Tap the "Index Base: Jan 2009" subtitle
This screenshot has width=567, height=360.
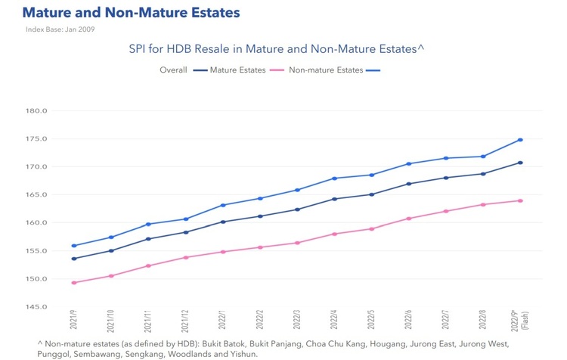pyautogui.click(x=60, y=29)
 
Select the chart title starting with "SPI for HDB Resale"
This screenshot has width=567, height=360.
pyautogui.click(x=277, y=48)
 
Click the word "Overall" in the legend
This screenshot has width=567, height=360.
pyautogui.click(x=174, y=70)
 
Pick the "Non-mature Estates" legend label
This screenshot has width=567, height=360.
pyautogui.click(x=325, y=70)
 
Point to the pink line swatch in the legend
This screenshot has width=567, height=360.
pyautogui.click(x=276, y=70)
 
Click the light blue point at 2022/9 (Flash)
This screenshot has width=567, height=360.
pyautogui.click(x=520, y=140)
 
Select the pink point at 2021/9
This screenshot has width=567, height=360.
pyautogui.click(x=73, y=283)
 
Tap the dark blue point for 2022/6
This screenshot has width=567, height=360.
pyautogui.click(x=408, y=184)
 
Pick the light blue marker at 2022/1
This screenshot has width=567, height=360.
pyautogui.click(x=222, y=205)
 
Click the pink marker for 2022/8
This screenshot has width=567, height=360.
pyautogui.click(x=483, y=204)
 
